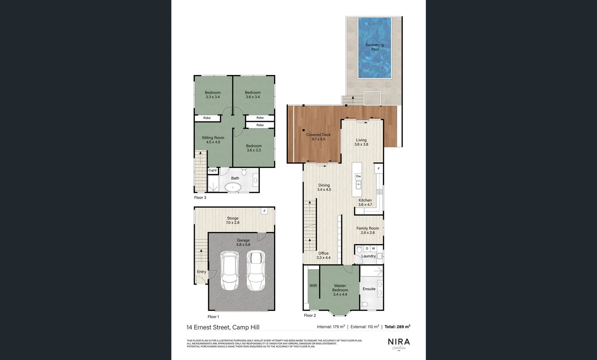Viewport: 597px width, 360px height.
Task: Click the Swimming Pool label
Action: tap(374, 47)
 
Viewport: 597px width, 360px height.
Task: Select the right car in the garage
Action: tap(255, 270)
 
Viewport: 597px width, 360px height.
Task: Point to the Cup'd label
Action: tap(212, 170)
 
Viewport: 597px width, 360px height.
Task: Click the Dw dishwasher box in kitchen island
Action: tap(358, 176)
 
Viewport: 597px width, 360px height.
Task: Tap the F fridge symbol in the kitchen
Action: tap(379, 169)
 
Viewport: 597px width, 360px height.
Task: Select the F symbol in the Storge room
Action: tap(264, 211)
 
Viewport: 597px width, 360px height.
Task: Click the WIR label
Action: tap(313, 286)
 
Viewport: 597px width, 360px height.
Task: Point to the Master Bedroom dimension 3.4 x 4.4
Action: tap(340, 294)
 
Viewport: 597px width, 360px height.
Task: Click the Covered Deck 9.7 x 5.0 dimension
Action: tap(318, 139)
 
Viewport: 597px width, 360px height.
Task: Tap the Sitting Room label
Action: tap(213, 138)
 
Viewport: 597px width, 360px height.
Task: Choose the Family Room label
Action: tap(368, 228)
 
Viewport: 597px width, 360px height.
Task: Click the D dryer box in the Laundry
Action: tap(367, 249)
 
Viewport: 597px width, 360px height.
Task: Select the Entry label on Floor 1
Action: tap(201, 272)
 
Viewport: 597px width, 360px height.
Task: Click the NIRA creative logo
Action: tap(399, 344)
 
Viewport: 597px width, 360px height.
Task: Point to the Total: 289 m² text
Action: tap(397, 327)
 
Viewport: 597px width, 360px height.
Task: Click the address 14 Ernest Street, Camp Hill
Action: tap(223, 327)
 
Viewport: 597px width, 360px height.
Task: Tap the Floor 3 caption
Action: tap(200, 198)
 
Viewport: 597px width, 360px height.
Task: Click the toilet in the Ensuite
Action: tap(365, 304)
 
